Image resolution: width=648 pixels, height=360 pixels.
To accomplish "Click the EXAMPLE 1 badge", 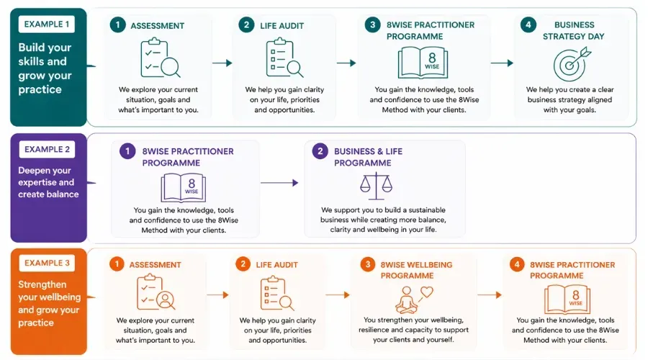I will coord(48,24).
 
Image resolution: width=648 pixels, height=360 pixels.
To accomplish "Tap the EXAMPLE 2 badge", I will coord(48,150).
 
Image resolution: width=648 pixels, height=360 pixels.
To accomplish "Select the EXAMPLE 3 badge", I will coord(48,263).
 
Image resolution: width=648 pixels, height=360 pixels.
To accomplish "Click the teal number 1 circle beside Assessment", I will coord(117,25).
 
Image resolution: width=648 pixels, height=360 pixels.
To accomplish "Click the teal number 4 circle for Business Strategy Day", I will coord(528,25).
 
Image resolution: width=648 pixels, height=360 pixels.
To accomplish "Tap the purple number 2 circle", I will coord(320,151).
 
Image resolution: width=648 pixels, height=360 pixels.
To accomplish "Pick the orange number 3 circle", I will coord(367,265).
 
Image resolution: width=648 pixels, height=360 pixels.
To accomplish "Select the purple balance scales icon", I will coord(375,185).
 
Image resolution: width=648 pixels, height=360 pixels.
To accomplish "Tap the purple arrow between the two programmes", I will coord(279,183).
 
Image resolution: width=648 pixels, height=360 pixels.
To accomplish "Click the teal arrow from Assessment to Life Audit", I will coord(222,63).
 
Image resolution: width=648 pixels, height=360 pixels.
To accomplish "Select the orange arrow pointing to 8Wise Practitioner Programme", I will coord(489,294).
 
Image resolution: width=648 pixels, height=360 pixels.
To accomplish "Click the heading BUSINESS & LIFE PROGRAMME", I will coord(368,157).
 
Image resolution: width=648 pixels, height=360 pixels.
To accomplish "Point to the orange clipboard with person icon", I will coord(156,293).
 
